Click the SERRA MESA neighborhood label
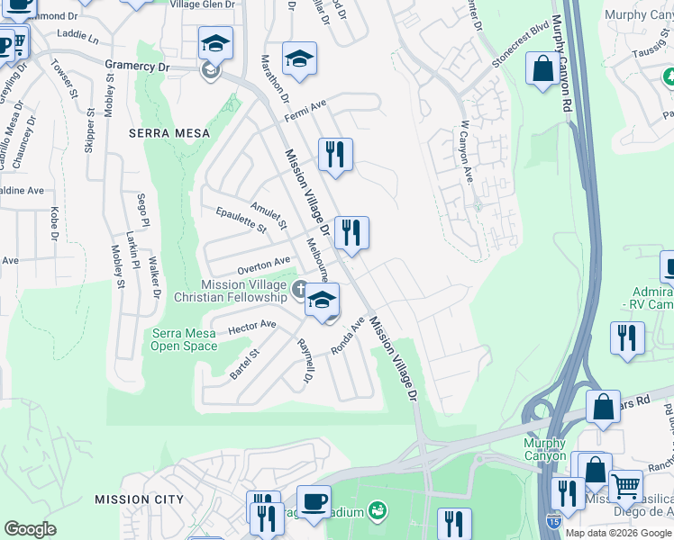point(168,133)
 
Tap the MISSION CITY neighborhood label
point(139,499)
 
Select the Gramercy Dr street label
point(137,66)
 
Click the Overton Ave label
point(263,265)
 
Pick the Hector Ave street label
point(251,326)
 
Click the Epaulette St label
point(241,220)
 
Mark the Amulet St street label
point(269,215)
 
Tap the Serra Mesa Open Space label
point(183,339)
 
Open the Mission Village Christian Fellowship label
point(243,291)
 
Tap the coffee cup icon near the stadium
point(314,501)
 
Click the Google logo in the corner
point(30,529)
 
